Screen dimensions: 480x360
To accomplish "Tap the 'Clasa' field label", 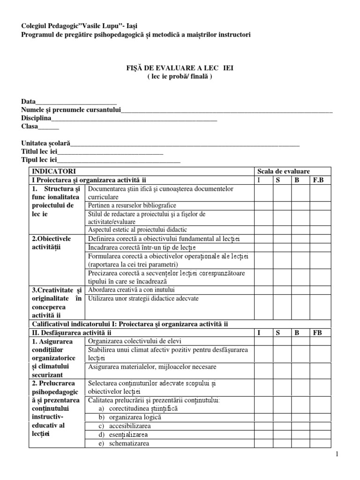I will coord(30,127).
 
